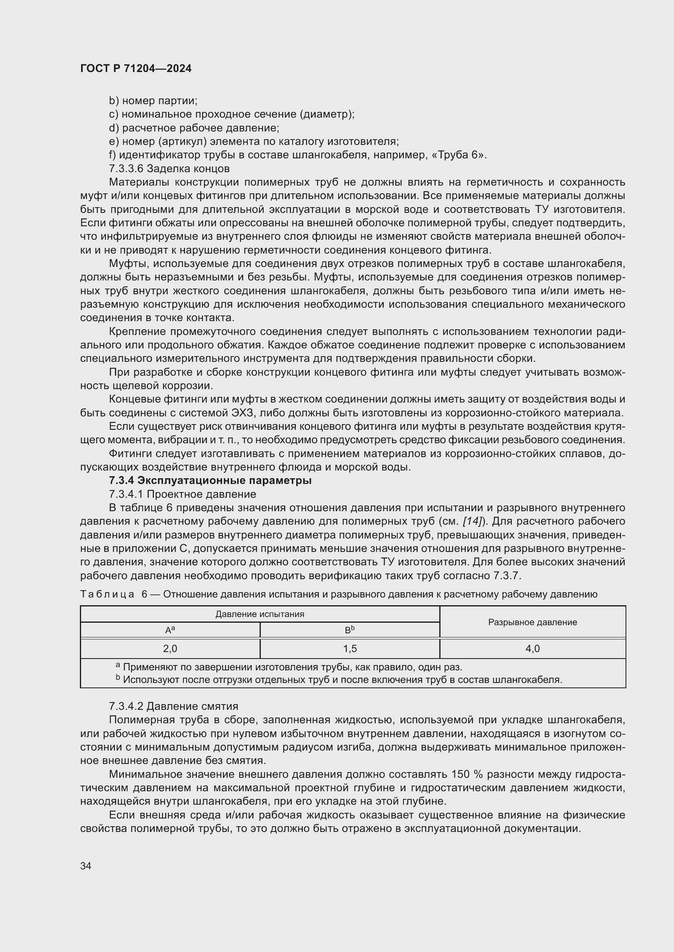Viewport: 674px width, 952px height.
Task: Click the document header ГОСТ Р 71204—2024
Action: [x=136, y=68]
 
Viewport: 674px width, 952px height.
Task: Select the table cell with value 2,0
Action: [x=170, y=648]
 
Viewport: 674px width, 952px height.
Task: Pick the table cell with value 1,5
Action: [x=350, y=648]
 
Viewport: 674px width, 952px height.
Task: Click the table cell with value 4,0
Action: [x=533, y=648]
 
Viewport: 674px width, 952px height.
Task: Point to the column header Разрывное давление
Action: [x=533, y=622]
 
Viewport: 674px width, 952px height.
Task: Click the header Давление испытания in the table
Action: [x=260, y=614]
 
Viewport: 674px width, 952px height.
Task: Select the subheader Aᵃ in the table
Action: [x=170, y=630]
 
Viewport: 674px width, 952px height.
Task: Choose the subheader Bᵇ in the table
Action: [x=350, y=630]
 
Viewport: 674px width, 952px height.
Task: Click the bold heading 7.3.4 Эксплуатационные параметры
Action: [x=210, y=481]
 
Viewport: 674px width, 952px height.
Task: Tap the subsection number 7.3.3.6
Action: [x=126, y=169]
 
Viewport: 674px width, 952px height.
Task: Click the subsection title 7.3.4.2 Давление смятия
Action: [x=174, y=706]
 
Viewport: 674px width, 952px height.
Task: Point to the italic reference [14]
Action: [x=471, y=521]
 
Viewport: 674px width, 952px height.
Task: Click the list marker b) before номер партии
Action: [x=114, y=101]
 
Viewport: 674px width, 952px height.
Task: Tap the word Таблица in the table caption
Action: [x=107, y=594]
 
